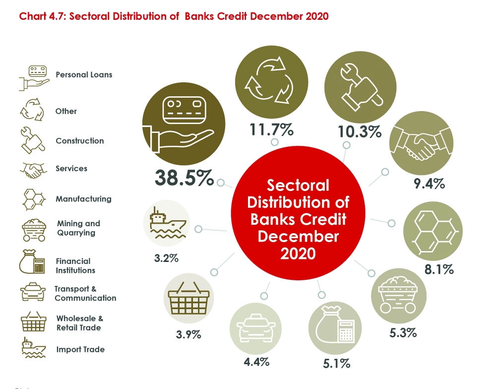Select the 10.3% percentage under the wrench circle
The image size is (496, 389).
click(360, 131)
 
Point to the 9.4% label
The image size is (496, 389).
click(429, 184)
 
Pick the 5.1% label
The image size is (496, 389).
click(336, 364)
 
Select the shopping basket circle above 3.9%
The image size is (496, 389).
click(188, 299)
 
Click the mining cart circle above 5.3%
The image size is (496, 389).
click(399, 297)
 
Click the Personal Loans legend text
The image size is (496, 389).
click(84, 75)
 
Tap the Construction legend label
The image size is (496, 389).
click(80, 141)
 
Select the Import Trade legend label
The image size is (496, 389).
click(80, 349)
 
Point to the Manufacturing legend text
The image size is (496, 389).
click(83, 199)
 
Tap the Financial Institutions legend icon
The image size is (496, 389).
click(32, 263)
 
